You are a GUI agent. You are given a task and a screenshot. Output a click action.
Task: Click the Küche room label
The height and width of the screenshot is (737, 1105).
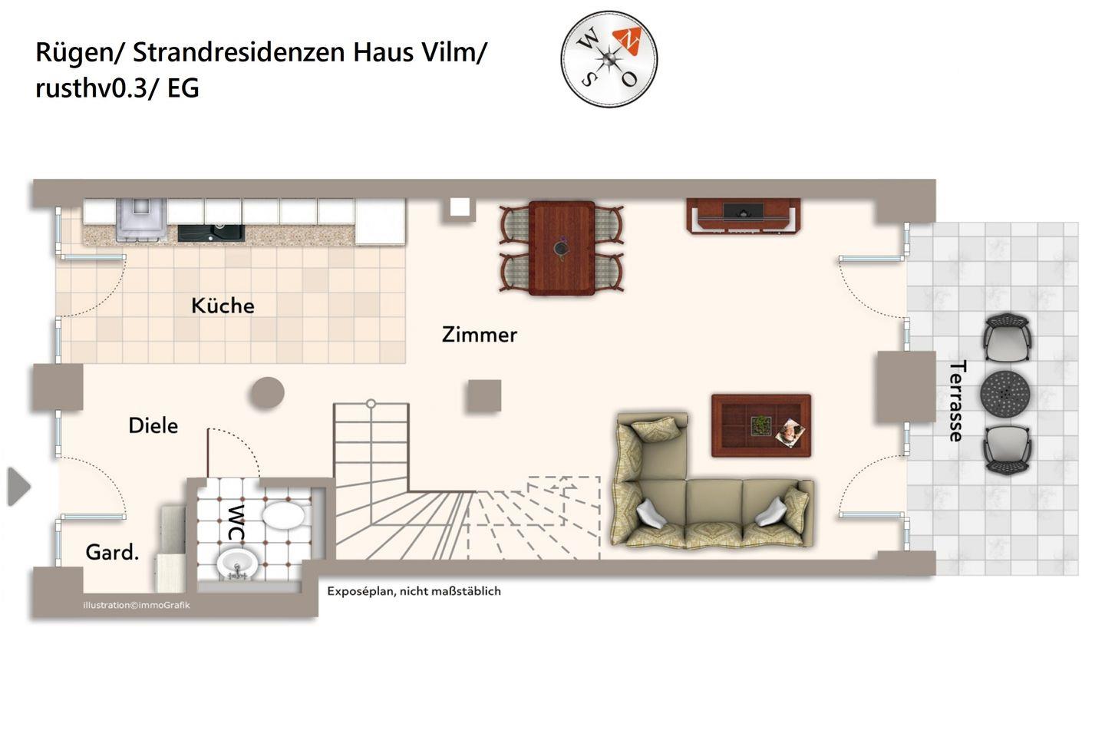223,306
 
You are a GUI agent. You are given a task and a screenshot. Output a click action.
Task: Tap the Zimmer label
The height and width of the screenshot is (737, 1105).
479,335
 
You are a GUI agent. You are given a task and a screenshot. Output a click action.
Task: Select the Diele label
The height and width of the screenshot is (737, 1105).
153,425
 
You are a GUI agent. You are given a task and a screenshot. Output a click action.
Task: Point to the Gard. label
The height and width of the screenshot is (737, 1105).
112,552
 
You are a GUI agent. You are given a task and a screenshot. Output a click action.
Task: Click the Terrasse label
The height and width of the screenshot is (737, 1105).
957,401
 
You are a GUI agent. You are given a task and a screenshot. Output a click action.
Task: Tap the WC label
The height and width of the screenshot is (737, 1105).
236,522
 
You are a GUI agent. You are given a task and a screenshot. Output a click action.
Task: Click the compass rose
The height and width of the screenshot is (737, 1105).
609,59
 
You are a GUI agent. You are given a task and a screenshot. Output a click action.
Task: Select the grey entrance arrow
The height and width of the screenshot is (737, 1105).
18,487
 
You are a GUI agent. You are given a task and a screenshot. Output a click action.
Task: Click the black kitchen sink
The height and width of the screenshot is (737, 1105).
211,233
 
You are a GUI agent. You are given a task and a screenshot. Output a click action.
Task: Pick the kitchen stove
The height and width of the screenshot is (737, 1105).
141,219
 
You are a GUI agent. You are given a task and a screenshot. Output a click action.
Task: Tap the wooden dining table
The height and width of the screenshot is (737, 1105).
562,248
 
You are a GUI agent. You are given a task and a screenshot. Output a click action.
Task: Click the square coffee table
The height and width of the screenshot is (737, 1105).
761,425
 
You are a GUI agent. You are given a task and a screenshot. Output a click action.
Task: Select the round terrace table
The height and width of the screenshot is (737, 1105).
1005,394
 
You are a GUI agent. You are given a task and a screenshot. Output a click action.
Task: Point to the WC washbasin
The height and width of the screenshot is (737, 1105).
237,563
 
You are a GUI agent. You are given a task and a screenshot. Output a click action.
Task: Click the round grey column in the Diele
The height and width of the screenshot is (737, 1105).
267,393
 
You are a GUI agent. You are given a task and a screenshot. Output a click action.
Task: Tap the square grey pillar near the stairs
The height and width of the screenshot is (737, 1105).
484,395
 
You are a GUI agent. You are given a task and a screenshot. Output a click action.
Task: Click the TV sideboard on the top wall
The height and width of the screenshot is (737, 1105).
744,216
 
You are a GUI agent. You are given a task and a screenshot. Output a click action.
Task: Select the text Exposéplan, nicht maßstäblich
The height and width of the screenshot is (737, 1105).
414,591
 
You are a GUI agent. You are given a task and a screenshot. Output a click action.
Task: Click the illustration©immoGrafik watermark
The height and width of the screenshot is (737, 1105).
137,605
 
